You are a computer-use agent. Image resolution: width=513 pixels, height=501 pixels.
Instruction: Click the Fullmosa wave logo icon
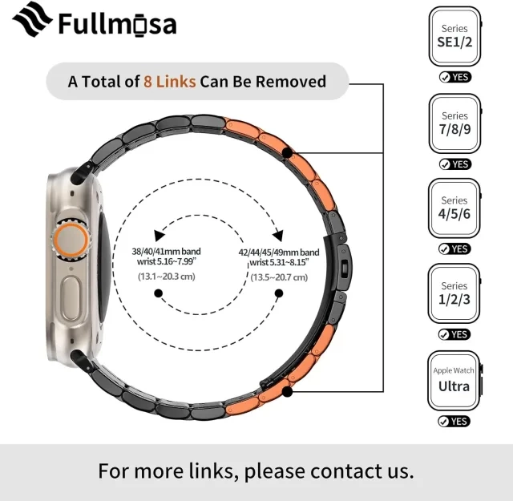[x=32, y=19]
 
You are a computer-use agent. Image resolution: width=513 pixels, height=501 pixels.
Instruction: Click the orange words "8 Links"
[x=169, y=82]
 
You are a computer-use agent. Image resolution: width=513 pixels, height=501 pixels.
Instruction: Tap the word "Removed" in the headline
[x=290, y=82]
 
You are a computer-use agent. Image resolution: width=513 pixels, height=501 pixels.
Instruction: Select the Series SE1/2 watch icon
[x=454, y=36]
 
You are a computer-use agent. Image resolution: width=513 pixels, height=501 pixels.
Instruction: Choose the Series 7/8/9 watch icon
[x=454, y=123]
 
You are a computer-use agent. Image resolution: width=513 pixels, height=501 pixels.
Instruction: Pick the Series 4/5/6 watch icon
[x=454, y=208]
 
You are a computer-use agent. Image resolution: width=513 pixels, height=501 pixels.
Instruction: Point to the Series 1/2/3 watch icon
[x=454, y=293]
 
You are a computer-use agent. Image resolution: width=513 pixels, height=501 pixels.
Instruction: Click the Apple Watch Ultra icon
[x=454, y=381]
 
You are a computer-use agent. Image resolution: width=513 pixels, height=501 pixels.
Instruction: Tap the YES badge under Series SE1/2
[x=455, y=77]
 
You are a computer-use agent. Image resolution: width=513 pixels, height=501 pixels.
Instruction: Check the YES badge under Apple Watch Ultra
[x=454, y=421]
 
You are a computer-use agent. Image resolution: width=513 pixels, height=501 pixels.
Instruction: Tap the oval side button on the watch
[x=71, y=298]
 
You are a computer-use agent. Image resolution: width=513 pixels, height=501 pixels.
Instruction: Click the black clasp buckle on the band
[x=344, y=268]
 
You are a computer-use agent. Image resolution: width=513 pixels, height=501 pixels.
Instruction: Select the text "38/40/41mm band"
[x=166, y=252]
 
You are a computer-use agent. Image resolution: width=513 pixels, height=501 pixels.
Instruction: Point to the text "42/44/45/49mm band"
[x=279, y=253]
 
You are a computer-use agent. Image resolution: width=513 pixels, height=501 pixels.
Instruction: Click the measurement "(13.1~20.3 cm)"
[x=167, y=277]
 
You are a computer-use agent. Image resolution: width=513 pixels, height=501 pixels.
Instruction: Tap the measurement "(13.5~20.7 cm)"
[x=279, y=277]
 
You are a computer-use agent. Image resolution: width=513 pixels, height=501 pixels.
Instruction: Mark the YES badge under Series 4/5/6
[x=454, y=248]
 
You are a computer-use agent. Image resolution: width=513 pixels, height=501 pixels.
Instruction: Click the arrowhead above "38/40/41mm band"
[x=159, y=235]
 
